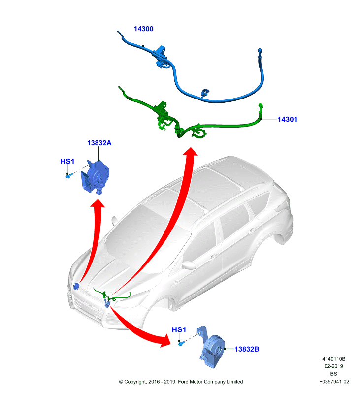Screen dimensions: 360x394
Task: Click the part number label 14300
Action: (143, 29)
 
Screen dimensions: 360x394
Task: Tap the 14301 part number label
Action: (288, 119)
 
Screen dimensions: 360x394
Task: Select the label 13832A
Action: (99, 143)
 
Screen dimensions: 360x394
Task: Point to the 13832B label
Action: (247, 349)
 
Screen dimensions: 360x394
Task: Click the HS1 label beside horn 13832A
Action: (67, 161)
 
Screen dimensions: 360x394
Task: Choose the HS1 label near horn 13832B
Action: (179, 329)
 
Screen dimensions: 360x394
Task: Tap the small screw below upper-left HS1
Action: (68, 176)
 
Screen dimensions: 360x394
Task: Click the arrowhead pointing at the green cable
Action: (191, 152)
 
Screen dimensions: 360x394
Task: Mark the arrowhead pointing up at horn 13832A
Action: (98, 203)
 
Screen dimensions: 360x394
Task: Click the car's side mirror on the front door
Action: (189, 264)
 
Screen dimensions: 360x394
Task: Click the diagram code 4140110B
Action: (333, 359)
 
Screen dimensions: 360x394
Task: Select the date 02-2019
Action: (333, 366)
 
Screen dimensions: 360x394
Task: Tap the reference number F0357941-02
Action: (334, 381)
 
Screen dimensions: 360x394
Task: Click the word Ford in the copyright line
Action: (184, 382)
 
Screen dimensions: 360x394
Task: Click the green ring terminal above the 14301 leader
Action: (261, 106)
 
